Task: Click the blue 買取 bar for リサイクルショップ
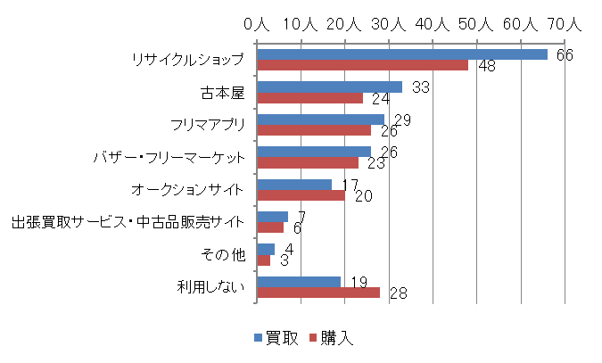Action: pos(401,54)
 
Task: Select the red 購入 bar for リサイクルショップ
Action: pos(362,65)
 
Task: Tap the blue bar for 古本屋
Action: pos(329,87)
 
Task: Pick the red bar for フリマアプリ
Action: pos(314,129)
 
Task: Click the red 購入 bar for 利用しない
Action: pos(318,292)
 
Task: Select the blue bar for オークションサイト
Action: pos(294,185)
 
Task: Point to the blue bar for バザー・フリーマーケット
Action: pos(314,152)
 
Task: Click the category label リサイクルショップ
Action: pos(186,60)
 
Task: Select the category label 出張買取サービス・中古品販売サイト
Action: pos(127,222)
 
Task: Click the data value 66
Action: pos(564,55)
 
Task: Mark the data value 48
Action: pos(486,67)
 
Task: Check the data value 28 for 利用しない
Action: pos(399,293)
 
